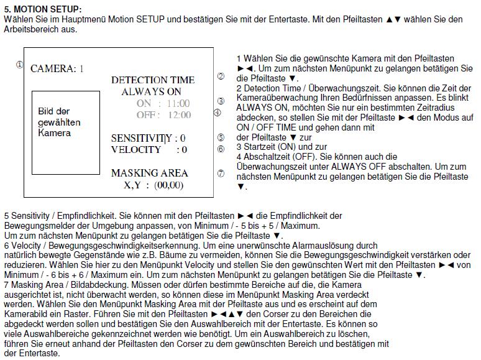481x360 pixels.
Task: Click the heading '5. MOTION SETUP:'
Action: [x=42, y=10]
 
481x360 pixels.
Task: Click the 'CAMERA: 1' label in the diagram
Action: [x=57, y=68]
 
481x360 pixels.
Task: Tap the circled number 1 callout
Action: [x=19, y=64]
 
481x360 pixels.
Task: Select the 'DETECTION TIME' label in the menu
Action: [x=152, y=80]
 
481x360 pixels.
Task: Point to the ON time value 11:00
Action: [x=178, y=103]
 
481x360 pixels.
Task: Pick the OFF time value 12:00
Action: [x=178, y=115]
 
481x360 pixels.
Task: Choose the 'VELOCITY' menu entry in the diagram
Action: [x=136, y=149]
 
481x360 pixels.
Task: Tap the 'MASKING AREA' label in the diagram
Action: [x=149, y=173]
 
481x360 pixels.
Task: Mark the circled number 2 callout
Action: [x=221, y=76]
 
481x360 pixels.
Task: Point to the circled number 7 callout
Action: [x=221, y=173]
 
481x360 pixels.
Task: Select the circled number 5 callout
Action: [x=221, y=137]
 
